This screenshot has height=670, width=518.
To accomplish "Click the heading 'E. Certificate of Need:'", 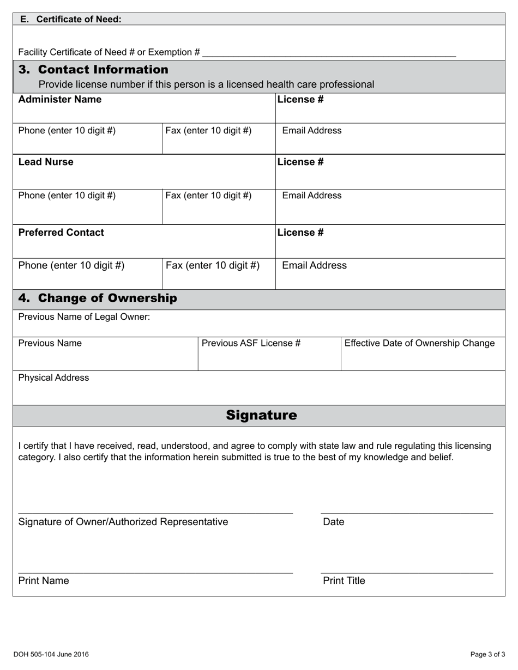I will coord(70,19).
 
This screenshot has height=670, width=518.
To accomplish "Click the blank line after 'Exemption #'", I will coord(328,53).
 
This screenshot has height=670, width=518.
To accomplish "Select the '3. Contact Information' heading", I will coord(93,70).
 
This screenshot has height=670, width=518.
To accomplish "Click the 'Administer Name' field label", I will coord(60,99).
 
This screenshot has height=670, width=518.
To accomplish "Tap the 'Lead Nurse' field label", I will coord(46,162).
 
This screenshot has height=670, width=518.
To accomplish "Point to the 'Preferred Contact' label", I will coord(61,232).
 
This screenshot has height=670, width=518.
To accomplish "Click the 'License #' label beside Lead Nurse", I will coord(300,162).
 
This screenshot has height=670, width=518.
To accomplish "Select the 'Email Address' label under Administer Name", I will coord(312,131).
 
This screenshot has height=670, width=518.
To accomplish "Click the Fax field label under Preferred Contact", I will coord(213,265).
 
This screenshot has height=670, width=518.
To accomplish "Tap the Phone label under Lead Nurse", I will coord(67,196).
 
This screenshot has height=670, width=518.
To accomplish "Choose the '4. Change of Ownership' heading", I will coord(98,298).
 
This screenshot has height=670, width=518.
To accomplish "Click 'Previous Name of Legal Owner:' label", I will coord(84,316).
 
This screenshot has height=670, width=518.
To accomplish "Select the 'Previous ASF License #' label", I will coord(251,343).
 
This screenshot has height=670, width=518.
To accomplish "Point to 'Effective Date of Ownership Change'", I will coord(419,343).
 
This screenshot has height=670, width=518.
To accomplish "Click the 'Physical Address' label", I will coord(53,377).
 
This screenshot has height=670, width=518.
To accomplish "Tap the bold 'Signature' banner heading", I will coord(262,415).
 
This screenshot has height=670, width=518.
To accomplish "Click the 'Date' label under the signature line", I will coord(334,522).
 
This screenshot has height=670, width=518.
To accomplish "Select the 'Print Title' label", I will coord(344,581).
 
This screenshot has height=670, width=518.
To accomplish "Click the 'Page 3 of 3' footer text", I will coord(487,654).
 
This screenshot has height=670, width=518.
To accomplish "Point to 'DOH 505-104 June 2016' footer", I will coord(51,654).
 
